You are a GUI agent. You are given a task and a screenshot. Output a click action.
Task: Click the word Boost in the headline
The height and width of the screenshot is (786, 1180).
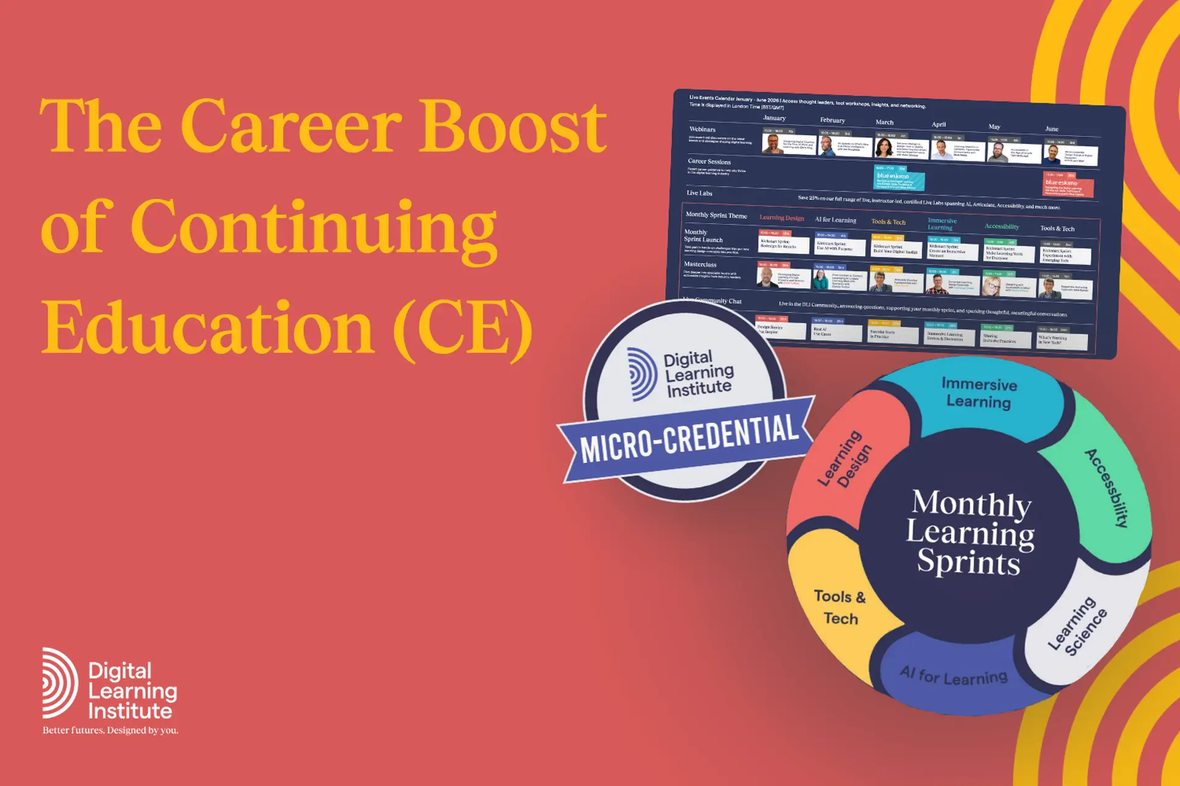pyautogui.click(x=513, y=126)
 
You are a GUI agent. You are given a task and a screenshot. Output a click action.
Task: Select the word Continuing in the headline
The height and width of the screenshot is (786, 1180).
pyautogui.click(x=313, y=227)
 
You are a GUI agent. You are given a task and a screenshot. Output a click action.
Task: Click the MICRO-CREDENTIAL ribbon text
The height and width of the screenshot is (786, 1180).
pyautogui.click(x=688, y=437)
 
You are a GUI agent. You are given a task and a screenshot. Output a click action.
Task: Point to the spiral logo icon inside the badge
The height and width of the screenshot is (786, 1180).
pyautogui.click(x=642, y=374)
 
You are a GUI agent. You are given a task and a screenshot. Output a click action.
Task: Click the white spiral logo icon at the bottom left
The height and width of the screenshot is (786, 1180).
pyautogui.click(x=60, y=683)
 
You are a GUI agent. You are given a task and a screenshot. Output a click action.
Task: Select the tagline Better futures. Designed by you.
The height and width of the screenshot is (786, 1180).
pyautogui.click(x=111, y=730)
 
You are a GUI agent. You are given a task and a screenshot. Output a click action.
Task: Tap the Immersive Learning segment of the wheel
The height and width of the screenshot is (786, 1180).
pyautogui.click(x=978, y=393)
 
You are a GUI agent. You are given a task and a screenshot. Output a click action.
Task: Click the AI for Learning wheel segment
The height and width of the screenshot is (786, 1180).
pyautogui.click(x=954, y=675)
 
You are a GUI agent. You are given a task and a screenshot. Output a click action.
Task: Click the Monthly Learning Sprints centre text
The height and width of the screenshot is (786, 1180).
pyautogui.click(x=970, y=532)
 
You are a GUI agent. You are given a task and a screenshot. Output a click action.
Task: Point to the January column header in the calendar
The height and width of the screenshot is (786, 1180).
pyautogui.click(x=774, y=118)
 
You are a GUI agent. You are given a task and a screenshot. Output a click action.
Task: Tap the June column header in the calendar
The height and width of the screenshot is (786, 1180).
pyautogui.click(x=1052, y=129)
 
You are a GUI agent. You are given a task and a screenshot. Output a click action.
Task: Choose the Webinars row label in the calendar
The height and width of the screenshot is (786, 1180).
pyautogui.click(x=702, y=130)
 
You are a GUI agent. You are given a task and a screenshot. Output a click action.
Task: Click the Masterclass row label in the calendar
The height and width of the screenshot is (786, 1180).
pyautogui.click(x=700, y=265)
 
